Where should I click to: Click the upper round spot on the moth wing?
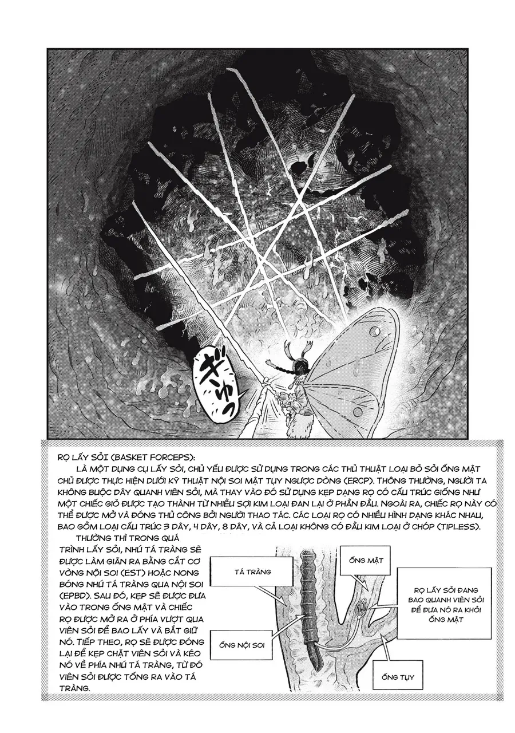(x=375, y=331)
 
